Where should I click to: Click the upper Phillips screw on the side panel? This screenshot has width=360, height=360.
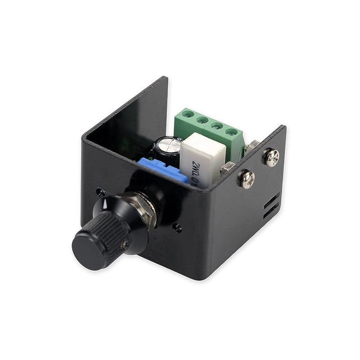pos(271,157)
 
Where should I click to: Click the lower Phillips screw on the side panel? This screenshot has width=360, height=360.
pos(247,179)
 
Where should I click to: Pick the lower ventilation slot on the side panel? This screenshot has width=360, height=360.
pos(270,211)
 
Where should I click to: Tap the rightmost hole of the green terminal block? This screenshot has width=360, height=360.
pos(232,132)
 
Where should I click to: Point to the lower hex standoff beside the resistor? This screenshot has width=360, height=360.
pos(226,169)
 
